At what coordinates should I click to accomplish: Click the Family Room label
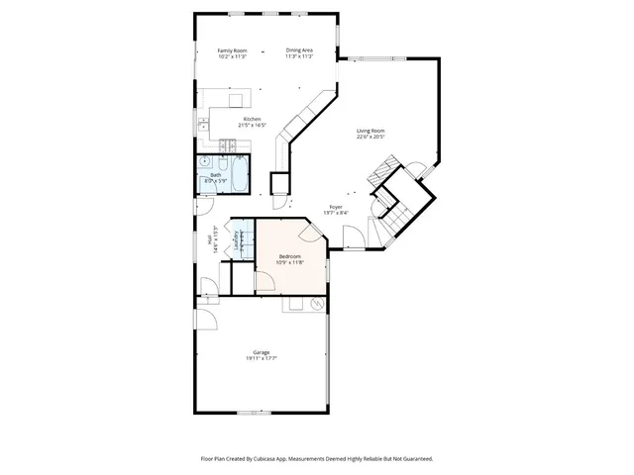pos(231,53)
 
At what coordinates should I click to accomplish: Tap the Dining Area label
pos(299,53)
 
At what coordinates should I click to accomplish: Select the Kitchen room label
pos(253,122)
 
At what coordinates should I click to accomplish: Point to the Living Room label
pos(370,134)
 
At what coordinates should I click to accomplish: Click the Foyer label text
pos(337,210)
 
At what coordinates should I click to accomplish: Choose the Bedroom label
pos(289,258)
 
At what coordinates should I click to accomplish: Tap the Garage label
pos(262,354)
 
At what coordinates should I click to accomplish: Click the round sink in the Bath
pos(205,160)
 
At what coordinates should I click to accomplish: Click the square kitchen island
pos(237,100)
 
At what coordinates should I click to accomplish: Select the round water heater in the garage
pos(317,305)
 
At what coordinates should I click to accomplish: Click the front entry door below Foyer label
pos(352,237)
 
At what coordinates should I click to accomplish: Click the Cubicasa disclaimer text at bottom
pos(316,459)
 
